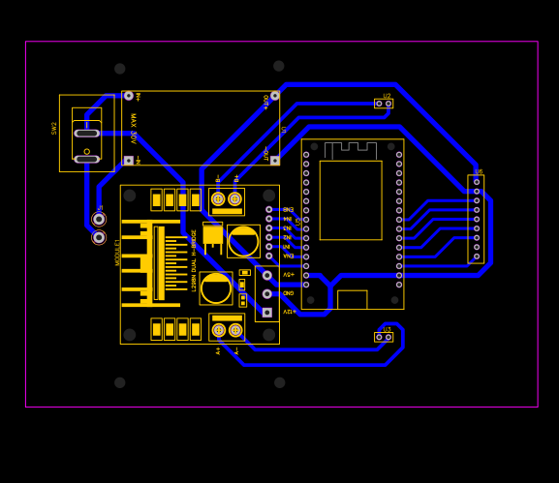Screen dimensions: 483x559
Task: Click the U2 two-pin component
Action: coord(384,104)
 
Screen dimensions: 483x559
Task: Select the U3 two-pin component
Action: coord(384,337)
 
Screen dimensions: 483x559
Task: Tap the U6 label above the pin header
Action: coord(479,171)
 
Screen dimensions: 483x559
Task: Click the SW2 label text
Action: coord(53,128)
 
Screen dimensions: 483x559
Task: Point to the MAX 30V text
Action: coord(134,128)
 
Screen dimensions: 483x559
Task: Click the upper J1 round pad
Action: coord(99,220)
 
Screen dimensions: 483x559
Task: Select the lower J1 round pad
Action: coord(99,237)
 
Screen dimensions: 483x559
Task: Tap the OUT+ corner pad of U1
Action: coord(275,96)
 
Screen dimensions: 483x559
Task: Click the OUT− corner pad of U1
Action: coord(275,161)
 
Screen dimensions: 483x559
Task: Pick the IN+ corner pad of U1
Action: coord(128,96)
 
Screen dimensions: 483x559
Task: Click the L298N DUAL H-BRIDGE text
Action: coord(194,260)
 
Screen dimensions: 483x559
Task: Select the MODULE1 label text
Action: coord(118,253)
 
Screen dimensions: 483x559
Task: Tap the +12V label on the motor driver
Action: coord(288,312)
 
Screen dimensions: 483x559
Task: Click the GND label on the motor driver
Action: coord(288,292)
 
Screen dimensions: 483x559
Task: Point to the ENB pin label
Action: coord(288,209)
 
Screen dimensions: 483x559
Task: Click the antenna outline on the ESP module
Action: coord(350,150)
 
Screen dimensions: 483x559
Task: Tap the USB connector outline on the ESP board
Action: coord(352,300)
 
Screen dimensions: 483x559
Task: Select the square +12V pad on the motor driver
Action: coord(267,313)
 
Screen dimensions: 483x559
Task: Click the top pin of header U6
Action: coord(477,181)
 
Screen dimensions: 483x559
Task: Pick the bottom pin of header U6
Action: coord(477,257)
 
